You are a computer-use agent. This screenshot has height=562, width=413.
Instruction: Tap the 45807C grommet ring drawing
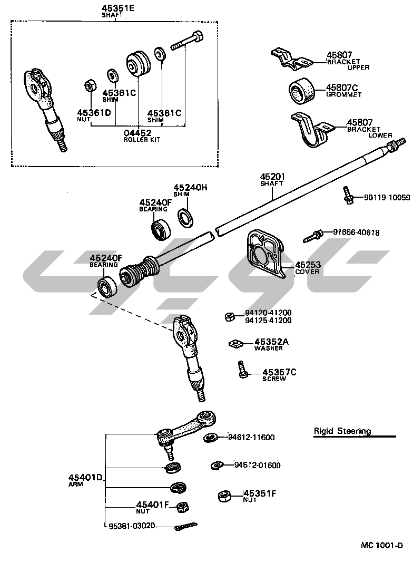pyautogui.click(x=301, y=90)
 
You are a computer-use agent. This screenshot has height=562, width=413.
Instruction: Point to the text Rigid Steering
pyautogui.click(x=342, y=431)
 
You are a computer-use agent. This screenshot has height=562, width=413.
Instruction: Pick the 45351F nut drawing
pyautogui.click(x=224, y=496)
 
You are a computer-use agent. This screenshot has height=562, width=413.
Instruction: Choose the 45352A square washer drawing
pyautogui.click(x=235, y=343)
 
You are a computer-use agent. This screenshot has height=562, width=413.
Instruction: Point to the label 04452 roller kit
pyautogui.click(x=138, y=132)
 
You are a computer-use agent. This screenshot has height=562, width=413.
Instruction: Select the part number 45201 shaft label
pyautogui.click(x=271, y=177)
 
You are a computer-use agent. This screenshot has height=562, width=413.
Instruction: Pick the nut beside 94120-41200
pyautogui.click(x=229, y=316)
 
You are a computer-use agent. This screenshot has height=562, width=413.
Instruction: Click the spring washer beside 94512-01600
pyautogui.click(x=217, y=464)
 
